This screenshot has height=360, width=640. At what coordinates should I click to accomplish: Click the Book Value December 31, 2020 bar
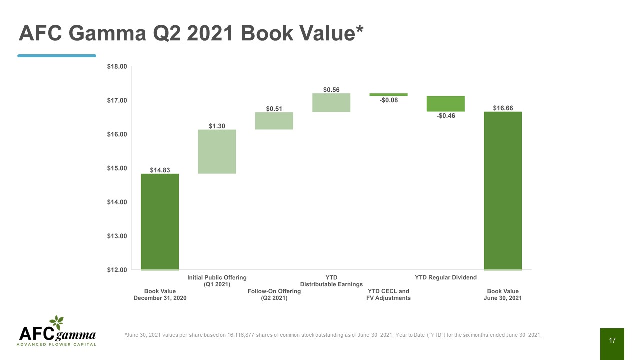[160, 222]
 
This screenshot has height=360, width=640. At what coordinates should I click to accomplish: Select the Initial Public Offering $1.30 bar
[217, 151]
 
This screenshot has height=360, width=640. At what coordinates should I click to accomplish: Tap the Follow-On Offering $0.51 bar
[274, 121]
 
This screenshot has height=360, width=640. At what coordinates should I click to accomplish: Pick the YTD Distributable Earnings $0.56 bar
[331, 103]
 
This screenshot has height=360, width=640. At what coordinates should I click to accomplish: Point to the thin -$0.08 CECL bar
[388, 95]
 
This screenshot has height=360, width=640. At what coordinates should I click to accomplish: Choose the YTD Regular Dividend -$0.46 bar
[445, 104]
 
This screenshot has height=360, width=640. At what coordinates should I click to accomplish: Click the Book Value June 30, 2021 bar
[503, 191]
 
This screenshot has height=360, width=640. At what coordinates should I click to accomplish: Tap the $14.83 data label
[160, 170]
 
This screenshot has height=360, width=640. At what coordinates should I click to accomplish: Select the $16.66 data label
[503, 108]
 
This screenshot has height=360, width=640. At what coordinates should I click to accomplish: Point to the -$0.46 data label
[446, 116]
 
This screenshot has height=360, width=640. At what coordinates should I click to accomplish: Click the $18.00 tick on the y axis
[117, 67]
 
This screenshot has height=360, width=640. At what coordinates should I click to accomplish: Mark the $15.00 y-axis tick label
[117, 168]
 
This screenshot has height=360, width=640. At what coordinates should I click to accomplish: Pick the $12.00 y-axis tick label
[117, 270]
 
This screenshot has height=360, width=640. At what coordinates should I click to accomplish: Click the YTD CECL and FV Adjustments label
[388, 295]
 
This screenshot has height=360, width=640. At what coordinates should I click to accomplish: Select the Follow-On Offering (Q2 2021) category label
[274, 295]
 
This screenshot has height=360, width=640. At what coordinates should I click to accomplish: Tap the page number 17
[612, 340]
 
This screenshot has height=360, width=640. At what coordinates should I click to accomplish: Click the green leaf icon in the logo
[57, 323]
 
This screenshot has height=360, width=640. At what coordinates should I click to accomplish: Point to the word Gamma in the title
[107, 33]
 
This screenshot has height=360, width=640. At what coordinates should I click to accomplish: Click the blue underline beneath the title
[57, 56]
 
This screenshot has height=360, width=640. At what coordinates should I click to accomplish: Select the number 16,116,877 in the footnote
[241, 335]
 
